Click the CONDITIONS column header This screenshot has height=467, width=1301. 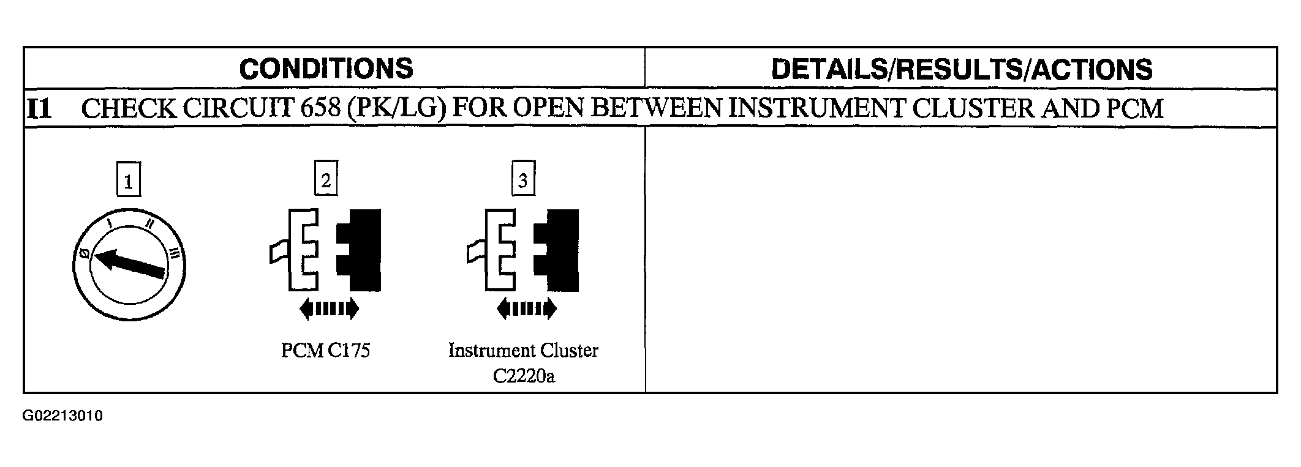pyautogui.click(x=326, y=69)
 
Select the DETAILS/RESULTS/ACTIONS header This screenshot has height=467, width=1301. pyautogui.click(x=962, y=69)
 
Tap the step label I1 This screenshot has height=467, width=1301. pyautogui.click(x=39, y=109)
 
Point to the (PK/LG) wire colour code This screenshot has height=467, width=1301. pyautogui.click(x=397, y=109)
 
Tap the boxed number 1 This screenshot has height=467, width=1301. pyautogui.click(x=128, y=182)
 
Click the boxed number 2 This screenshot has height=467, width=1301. pyautogui.click(x=326, y=180)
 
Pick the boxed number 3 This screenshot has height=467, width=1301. pyautogui.click(x=522, y=180)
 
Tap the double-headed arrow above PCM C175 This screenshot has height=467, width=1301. pyautogui.click(x=329, y=309)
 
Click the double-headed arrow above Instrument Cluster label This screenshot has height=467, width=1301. pyautogui.click(x=527, y=309)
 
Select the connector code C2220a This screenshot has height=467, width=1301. pyautogui.click(x=524, y=375)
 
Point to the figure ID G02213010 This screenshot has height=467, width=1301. pyautogui.click(x=63, y=416)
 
